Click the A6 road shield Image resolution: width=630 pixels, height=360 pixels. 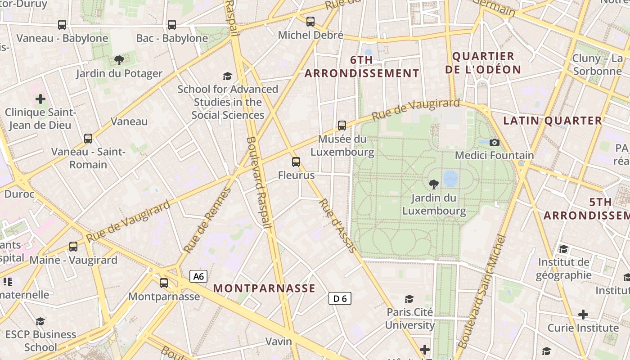point(198,276)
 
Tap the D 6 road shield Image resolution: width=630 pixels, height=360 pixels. point(340,298)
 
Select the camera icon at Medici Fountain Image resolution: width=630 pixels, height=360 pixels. point(494,143)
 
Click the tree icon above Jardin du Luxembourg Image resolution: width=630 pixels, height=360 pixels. point(434,184)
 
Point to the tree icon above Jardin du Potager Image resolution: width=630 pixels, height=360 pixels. point(119,60)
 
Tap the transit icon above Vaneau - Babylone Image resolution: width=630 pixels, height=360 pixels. point(62,25)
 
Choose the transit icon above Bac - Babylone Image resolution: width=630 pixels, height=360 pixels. point(172,25)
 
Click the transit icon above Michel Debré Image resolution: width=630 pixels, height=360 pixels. point(310,21)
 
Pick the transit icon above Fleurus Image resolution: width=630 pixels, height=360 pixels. point(296,162)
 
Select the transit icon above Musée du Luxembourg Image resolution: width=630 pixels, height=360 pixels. point(342,126)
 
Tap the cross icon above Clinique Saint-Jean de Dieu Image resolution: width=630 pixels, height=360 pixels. point(40,99)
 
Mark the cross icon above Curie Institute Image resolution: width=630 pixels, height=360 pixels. point(583,314)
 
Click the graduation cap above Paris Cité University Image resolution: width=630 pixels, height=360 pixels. point(409,299)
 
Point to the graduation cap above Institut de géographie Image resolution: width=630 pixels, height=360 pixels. point(563,249)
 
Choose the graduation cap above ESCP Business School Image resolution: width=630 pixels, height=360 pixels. point(40,321)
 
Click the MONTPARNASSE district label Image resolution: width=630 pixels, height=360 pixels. point(264,288)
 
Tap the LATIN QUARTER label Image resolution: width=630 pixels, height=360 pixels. point(553,121)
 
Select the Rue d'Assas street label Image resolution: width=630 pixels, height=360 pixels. point(338,225)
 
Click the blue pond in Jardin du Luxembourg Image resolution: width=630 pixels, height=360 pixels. point(450,178)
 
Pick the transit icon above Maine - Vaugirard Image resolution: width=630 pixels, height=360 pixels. point(73,247)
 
